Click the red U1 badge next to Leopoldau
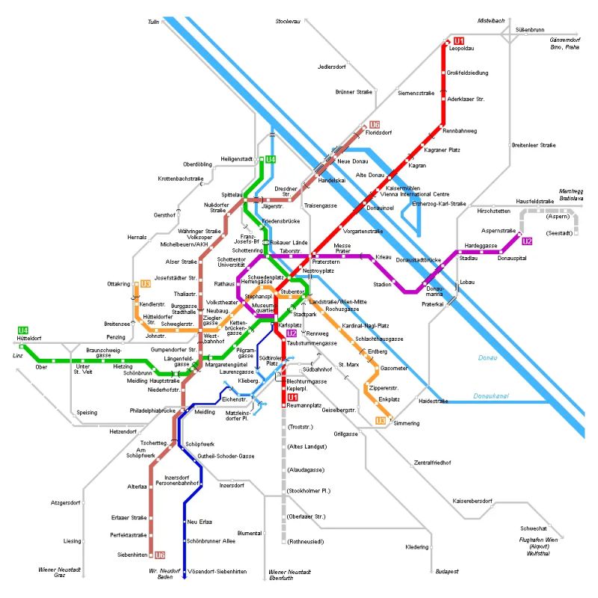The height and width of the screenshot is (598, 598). (x=459, y=40)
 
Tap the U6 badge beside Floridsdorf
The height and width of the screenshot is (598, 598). (x=374, y=125)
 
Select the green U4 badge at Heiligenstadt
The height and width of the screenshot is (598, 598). (x=271, y=159)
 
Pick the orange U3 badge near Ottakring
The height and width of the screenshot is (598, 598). (x=146, y=284)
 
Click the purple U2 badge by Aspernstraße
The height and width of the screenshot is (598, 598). (x=527, y=241)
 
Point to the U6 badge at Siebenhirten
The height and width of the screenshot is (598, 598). (x=160, y=555)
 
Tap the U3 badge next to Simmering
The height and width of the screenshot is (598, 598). (x=380, y=421)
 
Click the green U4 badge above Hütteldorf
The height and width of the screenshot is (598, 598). (x=23, y=330)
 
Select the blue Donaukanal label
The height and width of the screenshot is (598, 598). (x=493, y=395)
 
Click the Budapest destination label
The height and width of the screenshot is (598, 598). (x=446, y=571)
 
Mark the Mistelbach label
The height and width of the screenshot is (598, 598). (x=493, y=20)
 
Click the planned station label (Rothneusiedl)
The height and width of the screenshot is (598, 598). (x=306, y=540)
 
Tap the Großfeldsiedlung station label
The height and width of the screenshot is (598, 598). (x=468, y=73)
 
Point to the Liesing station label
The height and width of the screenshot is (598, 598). (x=73, y=540)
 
